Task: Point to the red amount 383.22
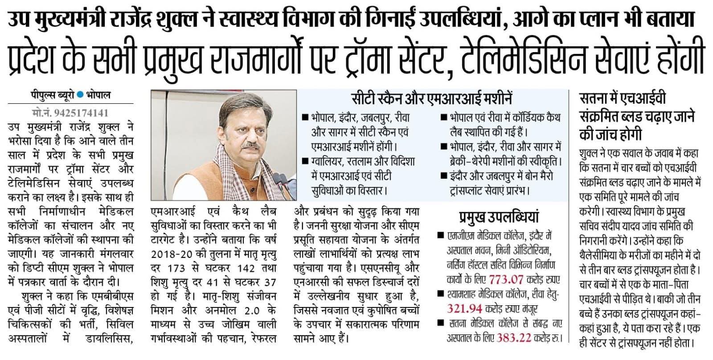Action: pos(514,338)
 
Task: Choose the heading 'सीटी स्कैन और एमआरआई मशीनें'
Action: pos(431,99)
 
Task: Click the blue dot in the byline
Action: pos(80,95)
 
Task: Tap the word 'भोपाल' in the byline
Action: pos(98,95)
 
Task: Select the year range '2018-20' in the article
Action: pos(170,255)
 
